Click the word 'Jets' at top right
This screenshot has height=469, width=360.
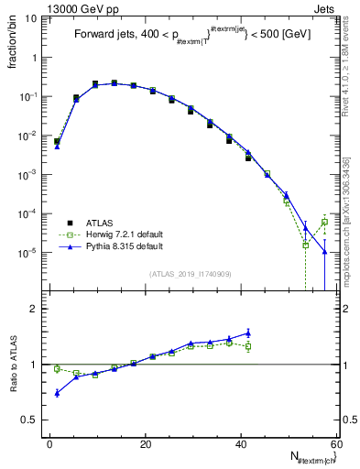(x=326, y=8)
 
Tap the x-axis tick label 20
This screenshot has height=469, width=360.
(x=146, y=444)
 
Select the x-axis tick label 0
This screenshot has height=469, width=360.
(x=50, y=444)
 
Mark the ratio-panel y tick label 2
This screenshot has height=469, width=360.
(x=34, y=309)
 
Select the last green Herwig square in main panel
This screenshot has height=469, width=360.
(x=324, y=222)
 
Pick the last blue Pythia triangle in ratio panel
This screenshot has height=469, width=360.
(x=248, y=333)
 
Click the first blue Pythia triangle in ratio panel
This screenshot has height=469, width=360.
(x=57, y=393)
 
